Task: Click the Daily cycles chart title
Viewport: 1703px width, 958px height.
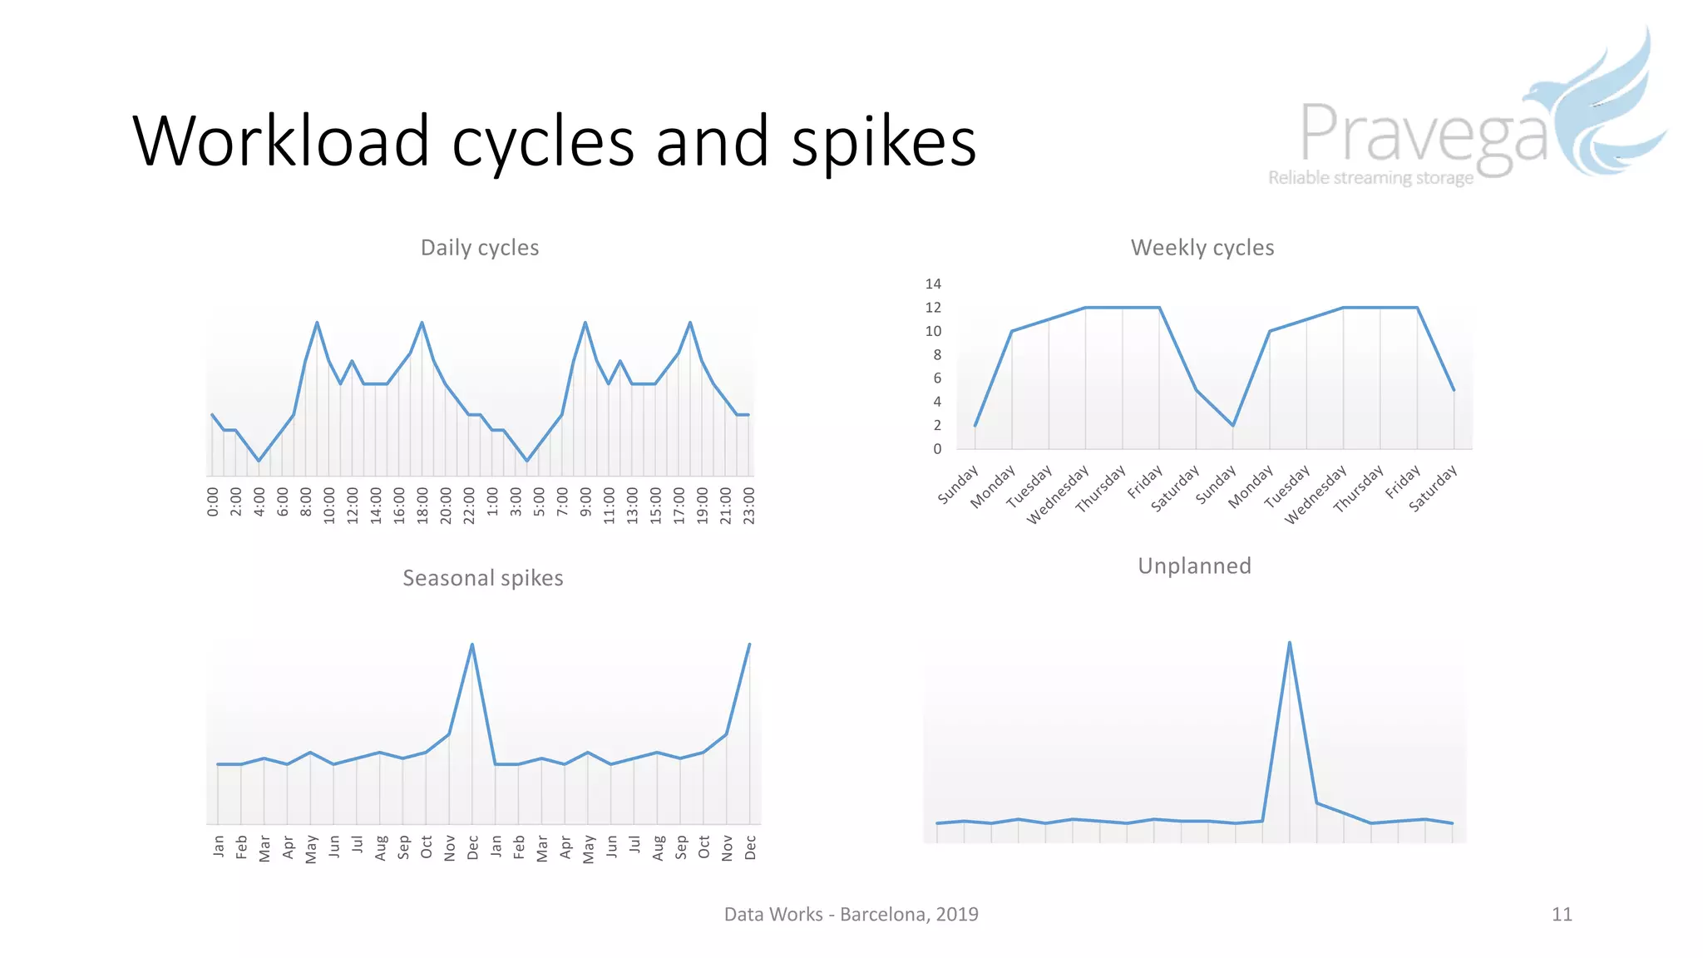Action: coord(480,248)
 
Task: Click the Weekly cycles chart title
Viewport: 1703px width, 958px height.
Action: coord(1202,248)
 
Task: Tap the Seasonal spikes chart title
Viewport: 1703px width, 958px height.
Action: coord(482,578)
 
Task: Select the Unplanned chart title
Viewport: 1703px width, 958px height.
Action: coord(1194,566)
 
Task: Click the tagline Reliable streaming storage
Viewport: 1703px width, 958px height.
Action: coord(1370,178)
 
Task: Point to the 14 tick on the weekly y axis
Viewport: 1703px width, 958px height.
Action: coord(933,284)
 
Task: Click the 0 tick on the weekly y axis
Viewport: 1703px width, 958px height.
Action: coord(937,449)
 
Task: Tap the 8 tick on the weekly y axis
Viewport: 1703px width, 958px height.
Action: coord(937,355)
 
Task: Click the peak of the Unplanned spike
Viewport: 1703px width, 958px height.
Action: coord(1289,643)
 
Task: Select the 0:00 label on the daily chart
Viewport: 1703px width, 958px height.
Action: coord(213,502)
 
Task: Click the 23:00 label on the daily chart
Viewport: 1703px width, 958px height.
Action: coord(749,505)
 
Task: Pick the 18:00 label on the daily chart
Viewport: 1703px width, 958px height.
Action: coord(422,505)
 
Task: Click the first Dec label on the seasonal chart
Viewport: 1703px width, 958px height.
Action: coord(472,847)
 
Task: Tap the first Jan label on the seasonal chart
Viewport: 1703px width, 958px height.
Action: coord(218,847)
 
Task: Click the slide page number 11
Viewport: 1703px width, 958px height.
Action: coord(1561,915)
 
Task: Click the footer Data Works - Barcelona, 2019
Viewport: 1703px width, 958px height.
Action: coord(851,915)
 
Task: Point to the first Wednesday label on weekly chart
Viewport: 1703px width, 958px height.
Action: coord(1058,496)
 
